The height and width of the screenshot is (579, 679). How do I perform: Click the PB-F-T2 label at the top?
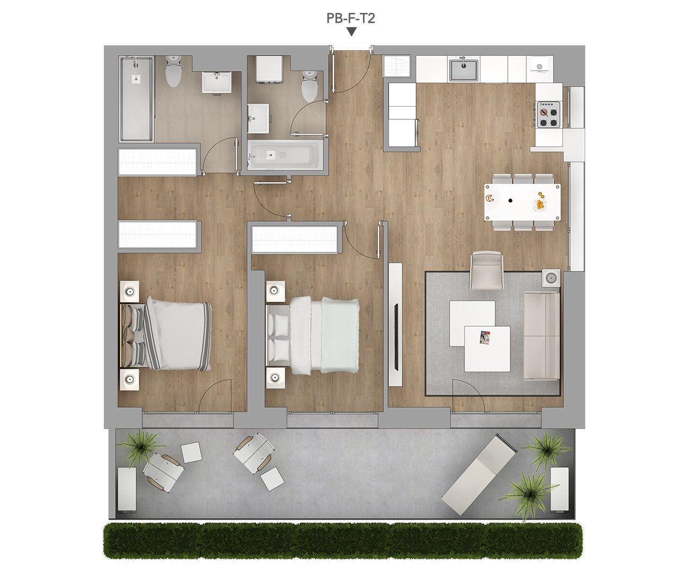[x=350, y=19]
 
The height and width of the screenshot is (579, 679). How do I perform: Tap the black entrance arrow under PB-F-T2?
[x=352, y=32]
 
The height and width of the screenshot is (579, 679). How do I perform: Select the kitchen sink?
[x=463, y=69]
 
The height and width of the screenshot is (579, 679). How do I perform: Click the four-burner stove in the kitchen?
[x=548, y=115]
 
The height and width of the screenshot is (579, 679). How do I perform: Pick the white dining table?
[x=522, y=202]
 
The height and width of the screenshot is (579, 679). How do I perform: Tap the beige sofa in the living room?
[x=542, y=336]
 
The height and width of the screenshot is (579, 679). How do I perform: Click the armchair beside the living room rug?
[x=487, y=270]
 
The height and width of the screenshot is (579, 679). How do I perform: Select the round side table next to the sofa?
[x=551, y=278]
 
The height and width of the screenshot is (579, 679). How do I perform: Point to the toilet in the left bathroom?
[x=173, y=71]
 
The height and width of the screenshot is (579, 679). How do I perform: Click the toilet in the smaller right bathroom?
[x=310, y=86]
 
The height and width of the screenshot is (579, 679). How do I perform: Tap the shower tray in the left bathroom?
[x=136, y=99]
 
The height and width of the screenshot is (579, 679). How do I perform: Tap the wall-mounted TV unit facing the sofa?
[x=395, y=324]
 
